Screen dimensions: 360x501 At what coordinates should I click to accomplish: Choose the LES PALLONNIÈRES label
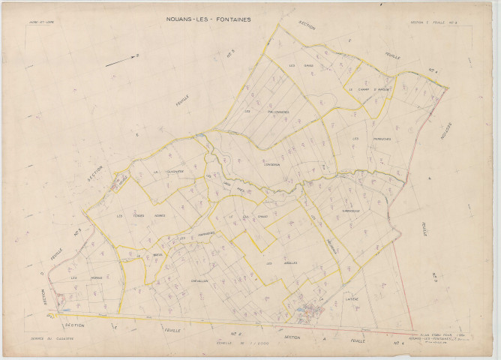pos(267,112)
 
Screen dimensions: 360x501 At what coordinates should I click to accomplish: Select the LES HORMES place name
pos(79,278)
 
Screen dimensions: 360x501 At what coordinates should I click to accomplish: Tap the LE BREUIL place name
pos(157,255)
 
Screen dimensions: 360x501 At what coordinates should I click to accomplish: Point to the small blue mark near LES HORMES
pos(67,308)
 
